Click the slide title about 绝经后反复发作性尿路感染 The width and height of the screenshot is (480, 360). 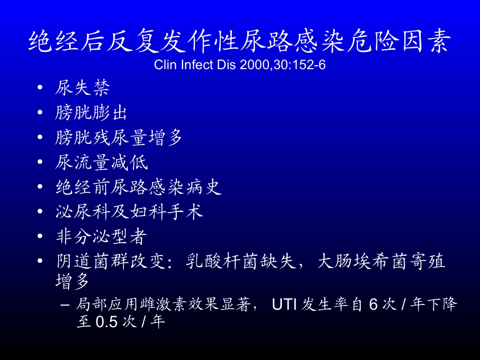click(x=239, y=41)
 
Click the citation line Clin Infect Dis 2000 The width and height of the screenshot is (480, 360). click(x=239, y=66)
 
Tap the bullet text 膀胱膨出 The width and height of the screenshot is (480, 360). click(x=91, y=113)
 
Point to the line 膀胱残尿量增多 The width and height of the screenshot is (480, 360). click(x=119, y=137)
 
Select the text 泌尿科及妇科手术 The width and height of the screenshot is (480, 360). click(x=129, y=212)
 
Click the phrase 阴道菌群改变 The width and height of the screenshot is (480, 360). click(x=110, y=262)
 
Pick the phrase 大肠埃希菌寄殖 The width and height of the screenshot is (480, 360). click(x=382, y=262)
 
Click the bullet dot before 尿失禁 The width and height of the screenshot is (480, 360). click(x=40, y=89)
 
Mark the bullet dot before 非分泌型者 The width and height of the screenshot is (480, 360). click(x=40, y=237)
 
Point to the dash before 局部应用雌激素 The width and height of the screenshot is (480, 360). click(x=64, y=305)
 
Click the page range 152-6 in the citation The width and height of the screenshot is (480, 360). click(x=309, y=66)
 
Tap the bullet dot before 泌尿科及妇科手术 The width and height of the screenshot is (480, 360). click(x=40, y=213)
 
